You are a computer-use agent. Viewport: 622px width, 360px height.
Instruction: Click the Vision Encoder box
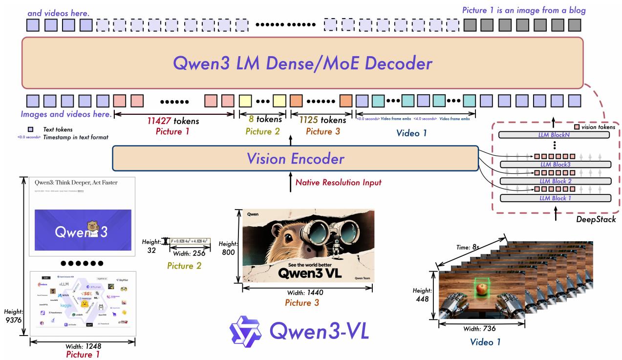pyautogui.click(x=295, y=158)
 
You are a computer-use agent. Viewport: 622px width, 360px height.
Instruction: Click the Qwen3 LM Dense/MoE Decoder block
pyautogui.click(x=302, y=63)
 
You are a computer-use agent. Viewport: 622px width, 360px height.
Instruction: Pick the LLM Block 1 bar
pyautogui.click(x=555, y=198)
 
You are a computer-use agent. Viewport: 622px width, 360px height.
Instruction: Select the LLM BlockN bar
pyautogui.click(x=555, y=134)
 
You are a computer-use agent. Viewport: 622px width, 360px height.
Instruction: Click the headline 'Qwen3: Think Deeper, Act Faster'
pyautogui.click(x=76, y=182)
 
